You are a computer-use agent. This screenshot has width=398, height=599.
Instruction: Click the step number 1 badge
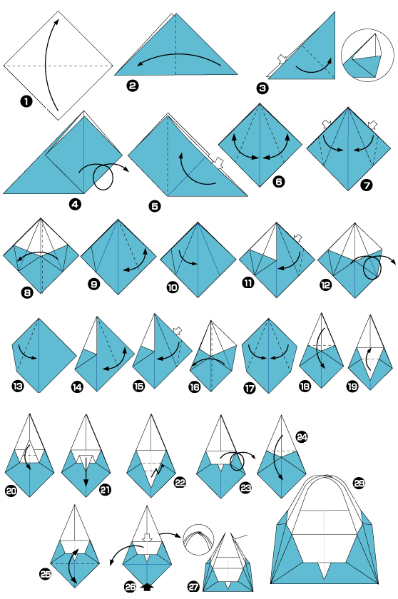tap(26, 101)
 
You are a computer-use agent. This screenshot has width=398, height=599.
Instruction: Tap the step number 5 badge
tap(154, 206)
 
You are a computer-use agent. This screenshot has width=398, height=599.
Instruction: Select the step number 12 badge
tap(326, 285)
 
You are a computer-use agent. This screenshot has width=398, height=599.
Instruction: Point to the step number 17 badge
tap(250, 389)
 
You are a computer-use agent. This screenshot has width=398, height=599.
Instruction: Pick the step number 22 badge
tap(180, 483)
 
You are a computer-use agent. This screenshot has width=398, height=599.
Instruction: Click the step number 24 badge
tap(302, 436)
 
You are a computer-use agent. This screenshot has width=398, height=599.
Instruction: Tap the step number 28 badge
tap(359, 483)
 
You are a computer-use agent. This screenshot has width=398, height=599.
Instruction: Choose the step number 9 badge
tap(93, 284)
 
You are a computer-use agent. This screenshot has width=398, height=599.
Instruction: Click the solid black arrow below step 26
tap(147, 586)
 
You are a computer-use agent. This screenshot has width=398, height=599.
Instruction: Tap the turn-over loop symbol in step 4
tap(103, 177)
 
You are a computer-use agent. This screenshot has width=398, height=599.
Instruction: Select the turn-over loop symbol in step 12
tap(372, 268)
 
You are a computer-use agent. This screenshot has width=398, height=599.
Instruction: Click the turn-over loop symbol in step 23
tap(238, 461)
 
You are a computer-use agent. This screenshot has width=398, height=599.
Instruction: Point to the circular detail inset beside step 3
tap(367, 55)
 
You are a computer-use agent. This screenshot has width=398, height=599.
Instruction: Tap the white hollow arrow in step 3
tap(282, 58)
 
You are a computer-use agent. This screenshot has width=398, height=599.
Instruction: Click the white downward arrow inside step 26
tap(147, 537)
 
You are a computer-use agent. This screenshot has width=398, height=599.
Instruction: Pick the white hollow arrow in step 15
tap(177, 331)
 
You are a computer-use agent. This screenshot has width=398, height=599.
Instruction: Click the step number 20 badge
tap(11, 491)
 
